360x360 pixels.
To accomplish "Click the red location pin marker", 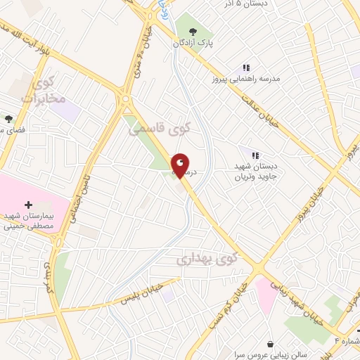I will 180,166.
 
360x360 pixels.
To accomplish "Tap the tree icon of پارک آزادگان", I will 191,31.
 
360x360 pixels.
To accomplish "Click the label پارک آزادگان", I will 192,44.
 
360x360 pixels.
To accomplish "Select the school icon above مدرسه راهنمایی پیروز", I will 246,67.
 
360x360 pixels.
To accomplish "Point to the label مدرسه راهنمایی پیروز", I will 247,78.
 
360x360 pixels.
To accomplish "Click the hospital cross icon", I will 28,205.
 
